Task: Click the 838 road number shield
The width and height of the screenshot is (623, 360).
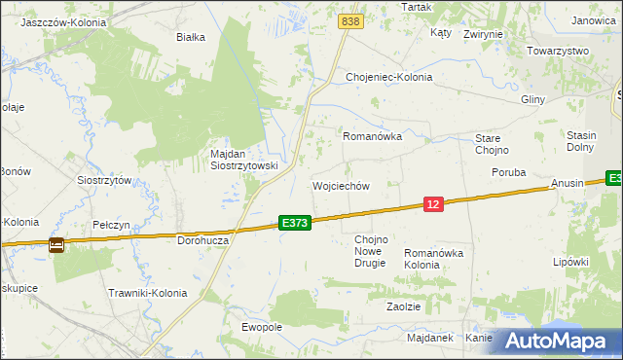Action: (351, 20)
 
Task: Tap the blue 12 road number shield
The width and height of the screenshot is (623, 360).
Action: (434, 203)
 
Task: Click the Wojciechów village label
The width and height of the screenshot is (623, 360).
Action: (341, 186)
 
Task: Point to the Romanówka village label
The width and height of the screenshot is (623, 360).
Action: (372, 137)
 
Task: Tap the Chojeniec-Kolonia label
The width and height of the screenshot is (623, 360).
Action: (389, 77)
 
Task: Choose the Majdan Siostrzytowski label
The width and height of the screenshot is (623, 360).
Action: (244, 160)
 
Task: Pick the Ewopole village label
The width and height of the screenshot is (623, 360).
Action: (262, 327)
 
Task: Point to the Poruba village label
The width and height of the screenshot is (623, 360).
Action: (508, 172)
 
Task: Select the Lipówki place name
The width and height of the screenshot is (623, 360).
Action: (571, 262)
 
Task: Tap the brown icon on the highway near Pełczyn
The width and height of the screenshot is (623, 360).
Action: (56, 245)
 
